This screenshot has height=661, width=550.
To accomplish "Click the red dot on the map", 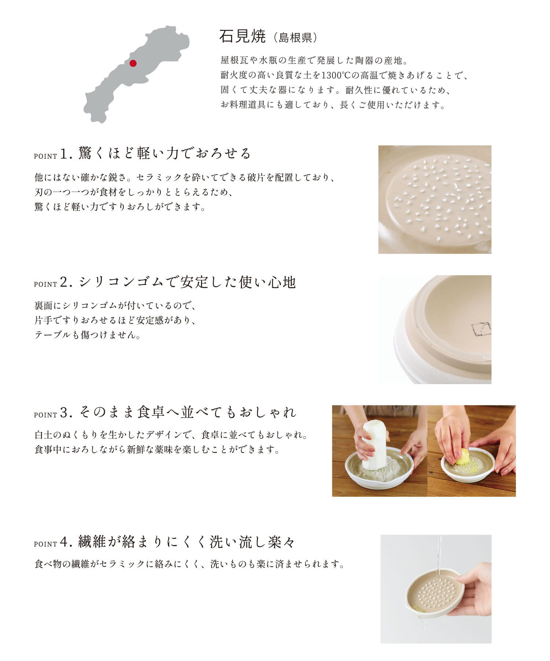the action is (133, 63).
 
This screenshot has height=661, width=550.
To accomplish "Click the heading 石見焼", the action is (242, 36).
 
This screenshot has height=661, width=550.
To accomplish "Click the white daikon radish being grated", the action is (374, 445).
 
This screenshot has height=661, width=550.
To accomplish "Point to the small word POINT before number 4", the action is (45, 544).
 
